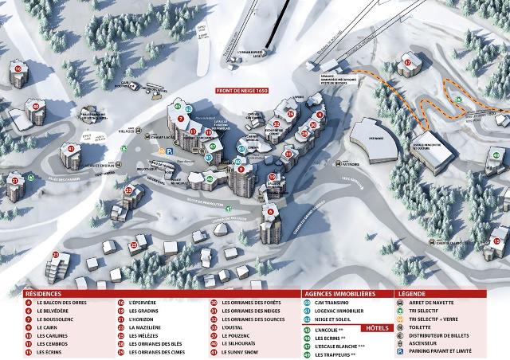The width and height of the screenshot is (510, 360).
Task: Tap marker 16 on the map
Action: pos(18,69)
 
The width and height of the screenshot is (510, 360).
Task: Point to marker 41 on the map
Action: pos(71,149)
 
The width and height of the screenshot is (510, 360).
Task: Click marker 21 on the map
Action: pos(15,180)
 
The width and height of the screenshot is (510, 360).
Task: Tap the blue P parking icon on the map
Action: pos(161,150)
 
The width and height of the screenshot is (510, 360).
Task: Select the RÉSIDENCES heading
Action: pos(43,293)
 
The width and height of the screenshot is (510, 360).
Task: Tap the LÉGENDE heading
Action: pos(415,293)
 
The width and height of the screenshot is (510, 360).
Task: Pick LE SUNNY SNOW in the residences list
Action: pos(241,355)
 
